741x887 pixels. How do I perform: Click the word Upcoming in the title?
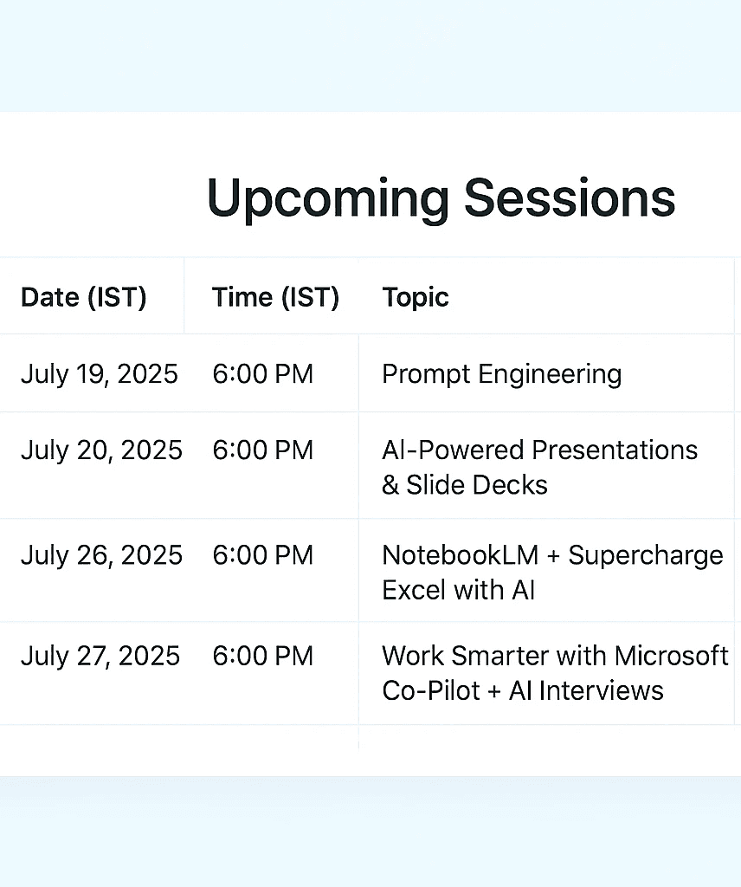tap(328, 198)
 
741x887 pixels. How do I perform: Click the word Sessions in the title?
tap(570, 197)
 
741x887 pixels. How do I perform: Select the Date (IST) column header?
tap(84, 298)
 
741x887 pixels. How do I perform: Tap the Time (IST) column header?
tap(276, 298)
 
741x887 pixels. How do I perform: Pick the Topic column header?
tap(416, 298)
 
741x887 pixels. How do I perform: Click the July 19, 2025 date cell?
tap(100, 374)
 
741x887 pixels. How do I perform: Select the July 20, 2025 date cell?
tap(102, 450)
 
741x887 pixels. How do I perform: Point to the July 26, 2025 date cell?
tap(102, 555)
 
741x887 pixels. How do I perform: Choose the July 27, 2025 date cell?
tap(100, 657)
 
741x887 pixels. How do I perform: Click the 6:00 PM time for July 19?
tap(263, 374)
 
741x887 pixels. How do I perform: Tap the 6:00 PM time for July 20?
tap(263, 450)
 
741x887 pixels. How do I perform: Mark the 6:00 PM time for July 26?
tap(263, 555)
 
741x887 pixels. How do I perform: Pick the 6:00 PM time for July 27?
tap(263, 657)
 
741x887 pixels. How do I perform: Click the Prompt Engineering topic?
tap(502, 375)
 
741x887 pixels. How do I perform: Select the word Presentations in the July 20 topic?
tap(615, 450)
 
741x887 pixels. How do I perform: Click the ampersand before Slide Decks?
tap(390, 485)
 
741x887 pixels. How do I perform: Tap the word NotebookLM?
tap(461, 555)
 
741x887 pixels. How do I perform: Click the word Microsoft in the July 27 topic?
tap(672, 657)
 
